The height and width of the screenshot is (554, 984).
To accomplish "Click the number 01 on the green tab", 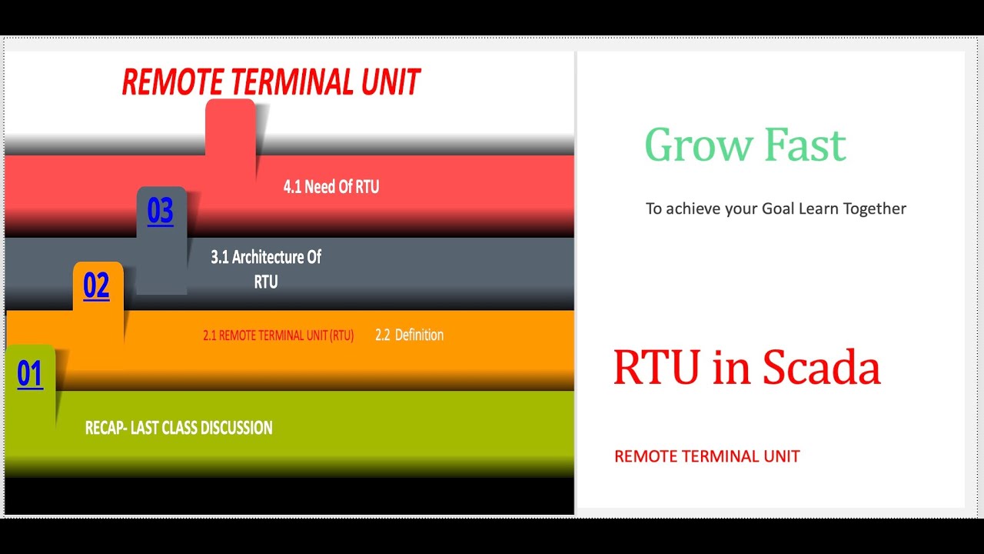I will coord(30,374).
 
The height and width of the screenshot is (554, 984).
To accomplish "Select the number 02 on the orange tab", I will coord(96,285).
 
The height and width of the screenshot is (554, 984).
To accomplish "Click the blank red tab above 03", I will coord(230,127).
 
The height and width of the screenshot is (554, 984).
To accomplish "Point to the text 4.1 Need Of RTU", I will coord(331,187).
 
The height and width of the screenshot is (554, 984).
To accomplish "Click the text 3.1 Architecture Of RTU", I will coord(266,269).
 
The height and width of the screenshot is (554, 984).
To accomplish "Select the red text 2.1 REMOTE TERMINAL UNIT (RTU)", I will coord(278,335).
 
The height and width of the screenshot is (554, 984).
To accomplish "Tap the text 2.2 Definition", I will coord(409,335).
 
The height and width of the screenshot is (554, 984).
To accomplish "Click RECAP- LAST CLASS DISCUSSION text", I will coord(178,428).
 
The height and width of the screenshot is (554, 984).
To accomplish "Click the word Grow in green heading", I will coord(688,145).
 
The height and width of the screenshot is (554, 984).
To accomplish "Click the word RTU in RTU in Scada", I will coord(656,368).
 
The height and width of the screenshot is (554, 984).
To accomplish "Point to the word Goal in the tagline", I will coord(777,209).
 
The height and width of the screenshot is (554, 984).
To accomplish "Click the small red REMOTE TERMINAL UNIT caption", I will coord(706,456).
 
